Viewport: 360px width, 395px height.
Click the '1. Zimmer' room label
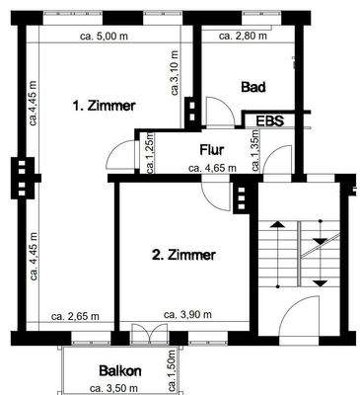tap(104, 104)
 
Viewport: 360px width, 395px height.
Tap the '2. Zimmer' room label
tap(183, 255)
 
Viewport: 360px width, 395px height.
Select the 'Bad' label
tap(254, 87)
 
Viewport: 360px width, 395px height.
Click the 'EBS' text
tap(269, 120)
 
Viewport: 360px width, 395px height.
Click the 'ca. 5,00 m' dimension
tap(108, 36)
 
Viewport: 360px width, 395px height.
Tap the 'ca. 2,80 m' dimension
tap(243, 36)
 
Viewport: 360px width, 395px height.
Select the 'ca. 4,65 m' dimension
tap(212, 168)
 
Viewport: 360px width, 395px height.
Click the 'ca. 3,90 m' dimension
tap(188, 316)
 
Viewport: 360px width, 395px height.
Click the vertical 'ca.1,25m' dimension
tap(150, 153)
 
